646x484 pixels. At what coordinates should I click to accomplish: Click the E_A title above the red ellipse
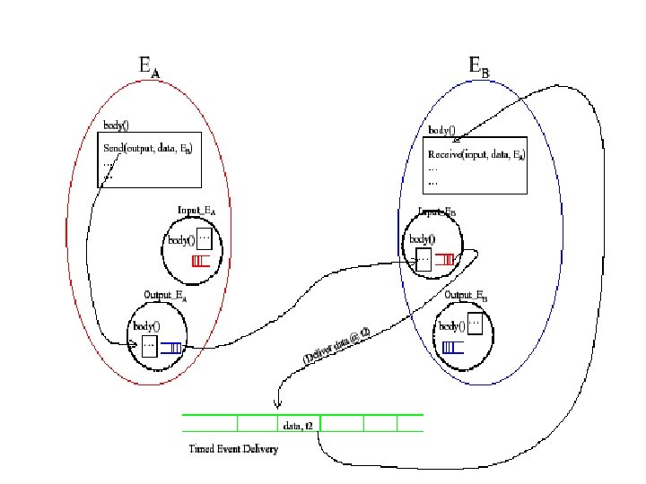pos(147,67)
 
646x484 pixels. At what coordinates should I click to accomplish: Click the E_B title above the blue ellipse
pos(479,66)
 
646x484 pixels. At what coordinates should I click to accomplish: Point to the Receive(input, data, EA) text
pos(476,154)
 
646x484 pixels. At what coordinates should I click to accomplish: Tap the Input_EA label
pos(196,211)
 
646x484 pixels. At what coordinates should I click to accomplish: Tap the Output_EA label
pos(165,295)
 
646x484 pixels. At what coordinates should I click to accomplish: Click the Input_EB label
pos(437,212)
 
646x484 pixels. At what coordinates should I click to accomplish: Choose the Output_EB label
pos(466,296)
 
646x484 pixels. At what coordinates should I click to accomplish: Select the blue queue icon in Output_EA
pos(172,348)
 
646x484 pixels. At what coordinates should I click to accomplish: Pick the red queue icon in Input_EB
pos(443,261)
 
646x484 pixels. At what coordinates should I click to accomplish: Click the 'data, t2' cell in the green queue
pos(297,426)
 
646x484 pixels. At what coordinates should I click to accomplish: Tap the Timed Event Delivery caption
pos(233,447)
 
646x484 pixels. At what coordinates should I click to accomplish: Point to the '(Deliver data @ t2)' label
pos(336,344)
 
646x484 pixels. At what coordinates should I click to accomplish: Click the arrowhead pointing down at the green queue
pos(278,405)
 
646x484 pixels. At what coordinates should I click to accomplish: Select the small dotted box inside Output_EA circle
pos(149,346)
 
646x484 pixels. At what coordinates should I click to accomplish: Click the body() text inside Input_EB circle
pos(422,239)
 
